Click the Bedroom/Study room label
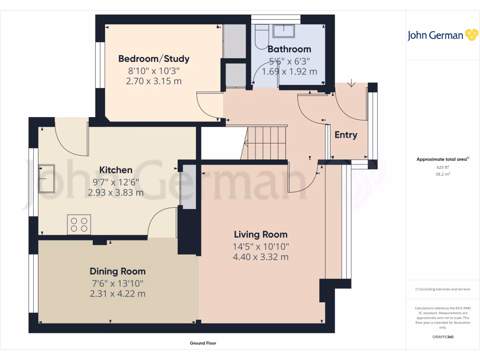point(154,59)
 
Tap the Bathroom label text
point(289,49)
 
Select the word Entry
point(346,135)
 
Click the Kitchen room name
point(116,170)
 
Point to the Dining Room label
point(118,271)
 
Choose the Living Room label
point(261,234)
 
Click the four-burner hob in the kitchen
point(79,225)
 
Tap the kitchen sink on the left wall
point(46,179)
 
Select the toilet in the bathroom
point(262,37)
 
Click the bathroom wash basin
point(284,31)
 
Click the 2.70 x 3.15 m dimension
point(154,81)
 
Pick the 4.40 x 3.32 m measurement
point(261,257)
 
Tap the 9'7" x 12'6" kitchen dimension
point(116,182)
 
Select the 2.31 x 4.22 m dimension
point(118,293)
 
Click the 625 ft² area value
point(443,167)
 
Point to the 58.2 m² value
point(443,174)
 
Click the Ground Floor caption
point(203,343)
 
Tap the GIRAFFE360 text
point(443,337)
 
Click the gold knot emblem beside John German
point(472,35)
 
